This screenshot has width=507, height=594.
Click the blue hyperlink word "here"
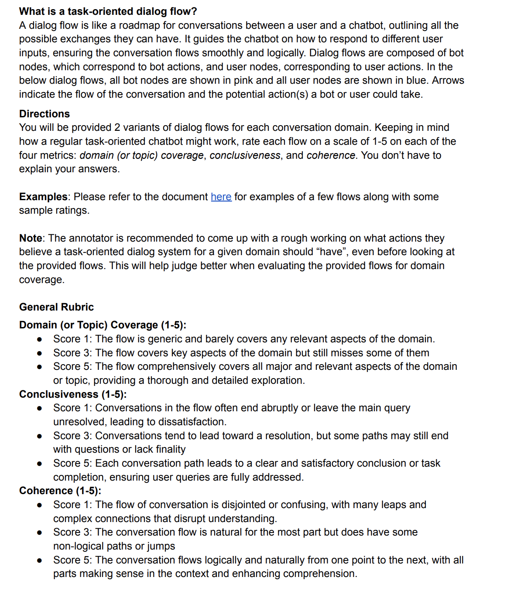[221, 197]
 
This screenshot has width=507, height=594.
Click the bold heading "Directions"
[45, 114]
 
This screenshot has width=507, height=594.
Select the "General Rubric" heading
[56, 307]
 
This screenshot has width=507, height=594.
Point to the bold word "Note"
[31, 238]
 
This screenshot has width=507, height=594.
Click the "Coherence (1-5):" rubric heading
[60, 491]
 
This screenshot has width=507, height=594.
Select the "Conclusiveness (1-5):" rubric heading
[73, 394]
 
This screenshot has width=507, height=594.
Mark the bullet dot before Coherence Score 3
[40, 533]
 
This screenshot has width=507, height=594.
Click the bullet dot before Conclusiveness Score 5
[40, 464]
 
